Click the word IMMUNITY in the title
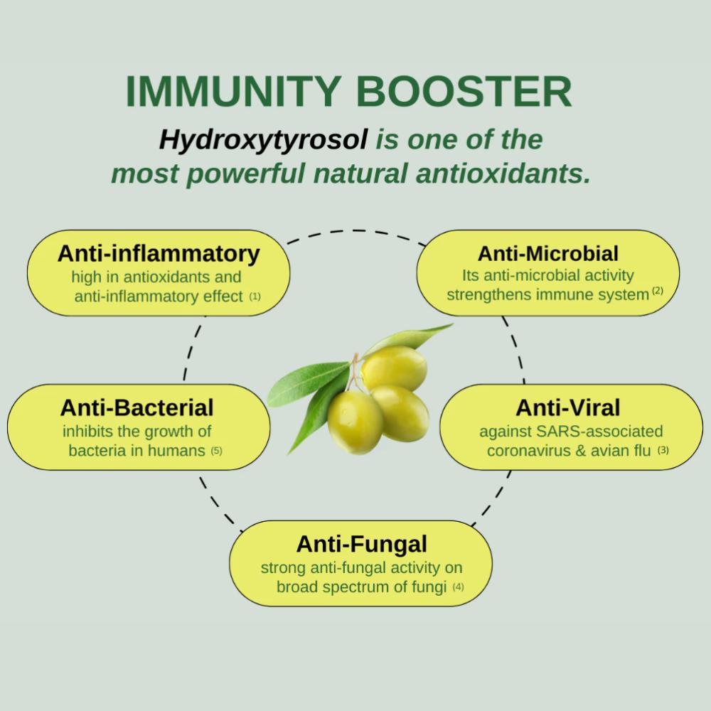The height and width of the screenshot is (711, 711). click(x=233, y=91)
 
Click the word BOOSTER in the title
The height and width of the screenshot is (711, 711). click(x=464, y=91)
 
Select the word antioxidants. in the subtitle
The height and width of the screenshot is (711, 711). click(x=503, y=173)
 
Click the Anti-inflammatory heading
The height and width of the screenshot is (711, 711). click(x=159, y=254)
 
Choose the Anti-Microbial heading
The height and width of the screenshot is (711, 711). click(x=547, y=254)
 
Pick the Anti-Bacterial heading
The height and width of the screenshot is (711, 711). click(x=137, y=407)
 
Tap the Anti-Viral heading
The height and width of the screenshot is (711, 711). click(x=567, y=407)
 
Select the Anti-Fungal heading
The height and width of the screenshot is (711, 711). click(x=361, y=545)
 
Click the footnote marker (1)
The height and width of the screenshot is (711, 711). click(x=255, y=296)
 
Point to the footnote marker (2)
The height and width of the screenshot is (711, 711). click(x=658, y=291)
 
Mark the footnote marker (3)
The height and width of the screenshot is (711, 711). click(x=663, y=450)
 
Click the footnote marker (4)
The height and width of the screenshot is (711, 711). click(x=458, y=587)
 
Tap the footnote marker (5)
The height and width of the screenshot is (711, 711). click(x=216, y=451)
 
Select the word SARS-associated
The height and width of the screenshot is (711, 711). click(x=599, y=432)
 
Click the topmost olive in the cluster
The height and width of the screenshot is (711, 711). click(x=394, y=368)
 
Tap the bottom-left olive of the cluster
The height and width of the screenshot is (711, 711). click(x=355, y=422)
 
